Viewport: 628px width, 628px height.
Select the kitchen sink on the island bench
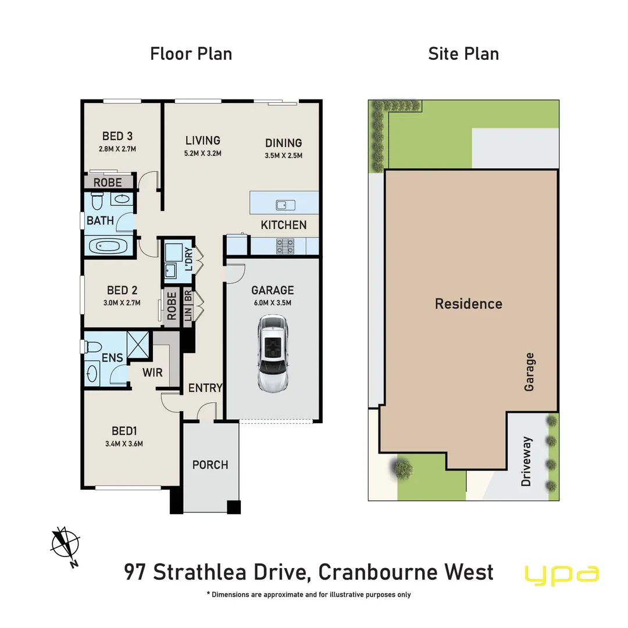(x=286, y=205)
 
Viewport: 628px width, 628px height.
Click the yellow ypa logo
(x=562, y=573)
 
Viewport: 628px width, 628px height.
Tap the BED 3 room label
(x=117, y=136)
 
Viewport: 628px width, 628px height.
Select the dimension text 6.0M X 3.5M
(x=272, y=302)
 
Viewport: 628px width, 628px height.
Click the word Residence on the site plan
(x=469, y=304)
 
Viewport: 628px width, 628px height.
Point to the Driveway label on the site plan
(x=527, y=461)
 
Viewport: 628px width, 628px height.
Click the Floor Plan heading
(x=191, y=54)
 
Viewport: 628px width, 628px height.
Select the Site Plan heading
(x=463, y=54)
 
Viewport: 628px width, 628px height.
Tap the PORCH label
(x=210, y=465)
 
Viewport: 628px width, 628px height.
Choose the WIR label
(x=154, y=372)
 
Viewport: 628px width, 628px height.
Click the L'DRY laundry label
(x=188, y=259)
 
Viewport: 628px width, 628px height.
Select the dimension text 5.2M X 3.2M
(x=202, y=154)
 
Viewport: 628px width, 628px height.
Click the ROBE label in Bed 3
(x=108, y=183)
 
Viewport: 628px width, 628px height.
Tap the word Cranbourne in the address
(x=384, y=572)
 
